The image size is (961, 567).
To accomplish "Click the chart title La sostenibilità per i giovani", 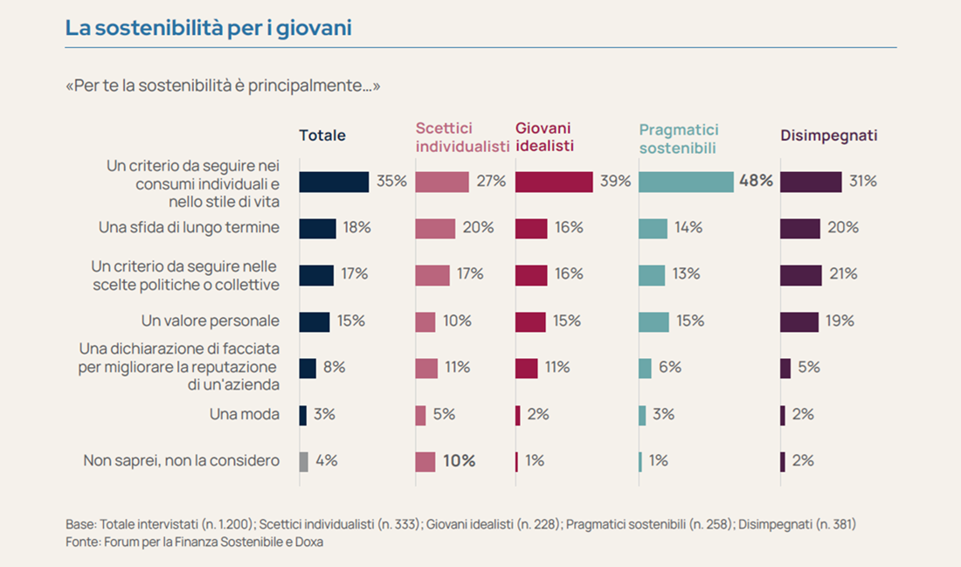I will [208, 28].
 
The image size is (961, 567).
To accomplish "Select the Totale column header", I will [322, 135].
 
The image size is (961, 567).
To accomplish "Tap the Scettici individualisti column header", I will [462, 137].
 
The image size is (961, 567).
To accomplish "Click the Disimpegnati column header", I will [828, 135].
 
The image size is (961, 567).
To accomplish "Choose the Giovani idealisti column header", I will [545, 137].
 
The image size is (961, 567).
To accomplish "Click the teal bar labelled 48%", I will [686, 182].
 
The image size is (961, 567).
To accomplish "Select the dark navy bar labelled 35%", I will [334, 182].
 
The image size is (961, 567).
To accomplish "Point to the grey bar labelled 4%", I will [303, 461].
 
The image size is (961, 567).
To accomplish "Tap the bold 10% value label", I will [459, 461].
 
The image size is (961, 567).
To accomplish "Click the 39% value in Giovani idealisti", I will [616, 182].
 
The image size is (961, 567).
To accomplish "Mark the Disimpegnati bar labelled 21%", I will [801, 274].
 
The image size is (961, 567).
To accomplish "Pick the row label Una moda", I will [245, 414].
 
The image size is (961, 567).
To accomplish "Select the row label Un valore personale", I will [211, 321].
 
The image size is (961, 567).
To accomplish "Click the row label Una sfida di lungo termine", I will [189, 228].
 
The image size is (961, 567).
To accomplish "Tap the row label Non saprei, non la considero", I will [182, 460].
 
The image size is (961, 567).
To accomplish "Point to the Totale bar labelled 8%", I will [308, 368].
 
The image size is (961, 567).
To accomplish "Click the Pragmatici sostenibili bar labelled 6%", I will [645, 368].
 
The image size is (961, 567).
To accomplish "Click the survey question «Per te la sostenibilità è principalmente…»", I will [223, 86].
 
